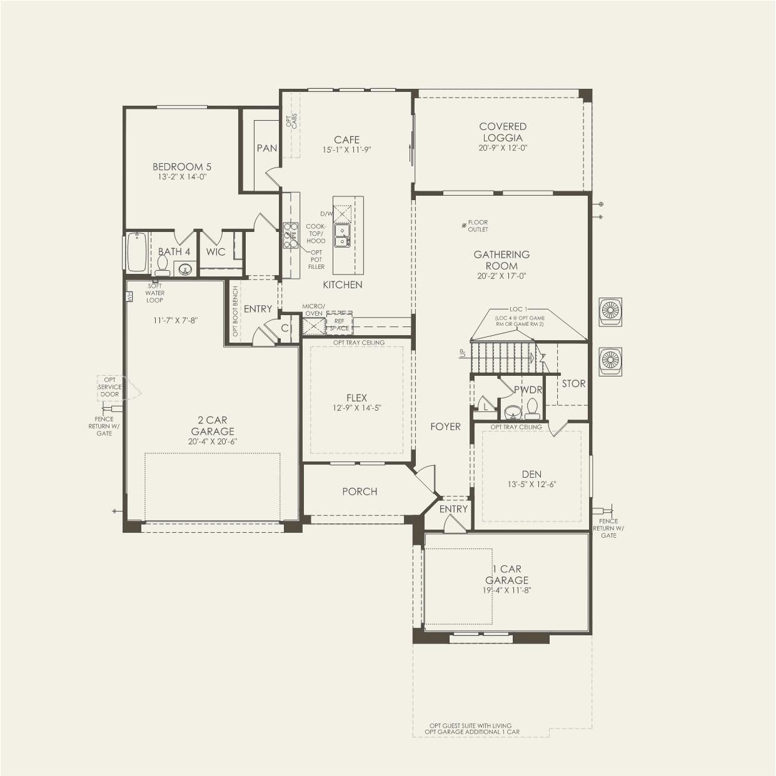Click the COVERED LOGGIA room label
tap(503, 132)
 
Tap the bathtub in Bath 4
tap(137, 253)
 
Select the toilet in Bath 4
tap(163, 265)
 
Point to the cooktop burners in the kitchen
tap(291, 235)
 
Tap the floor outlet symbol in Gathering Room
tap(464, 225)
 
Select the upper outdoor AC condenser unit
tap(610, 311)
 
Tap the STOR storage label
tap(573, 383)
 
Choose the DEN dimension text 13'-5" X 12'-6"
tap(532, 485)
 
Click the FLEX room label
tap(357, 398)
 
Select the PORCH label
tap(360, 491)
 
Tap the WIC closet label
tap(216, 252)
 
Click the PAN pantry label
tap(267, 148)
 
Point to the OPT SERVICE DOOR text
tap(109, 387)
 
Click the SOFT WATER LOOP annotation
tap(154, 293)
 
